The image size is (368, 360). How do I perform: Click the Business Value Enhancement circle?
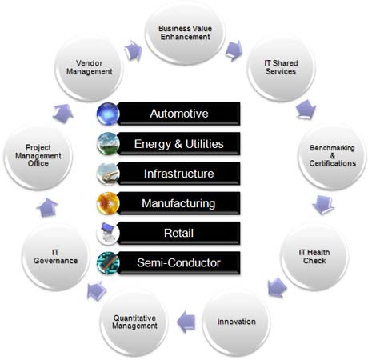[x=185, y=34]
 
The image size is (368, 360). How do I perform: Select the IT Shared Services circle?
[x=281, y=68]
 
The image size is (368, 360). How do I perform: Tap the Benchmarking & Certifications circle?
[x=332, y=156]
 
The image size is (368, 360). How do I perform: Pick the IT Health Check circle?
[x=314, y=257]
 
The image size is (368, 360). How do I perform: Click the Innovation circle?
[x=236, y=322]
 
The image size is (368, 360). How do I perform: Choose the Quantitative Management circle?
[x=134, y=322]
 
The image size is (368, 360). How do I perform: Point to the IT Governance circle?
[x=55, y=257]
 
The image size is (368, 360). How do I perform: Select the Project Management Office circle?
[x=38, y=156]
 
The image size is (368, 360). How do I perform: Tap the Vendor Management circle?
[x=90, y=68]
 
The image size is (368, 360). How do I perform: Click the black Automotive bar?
[x=178, y=114]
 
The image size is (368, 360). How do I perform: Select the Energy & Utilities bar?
[x=178, y=144]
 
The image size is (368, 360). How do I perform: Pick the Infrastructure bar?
[x=178, y=174]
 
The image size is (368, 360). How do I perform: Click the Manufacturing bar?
[x=178, y=203]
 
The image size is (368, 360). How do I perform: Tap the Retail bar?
[x=178, y=234]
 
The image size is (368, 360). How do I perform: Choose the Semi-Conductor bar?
[x=178, y=263]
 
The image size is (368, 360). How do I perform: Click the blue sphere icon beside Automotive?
[x=108, y=114]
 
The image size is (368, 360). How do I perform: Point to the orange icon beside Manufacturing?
[x=108, y=203]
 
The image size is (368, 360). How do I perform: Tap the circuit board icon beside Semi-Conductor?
[x=108, y=263]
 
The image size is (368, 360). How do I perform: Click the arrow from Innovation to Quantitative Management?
[x=186, y=322]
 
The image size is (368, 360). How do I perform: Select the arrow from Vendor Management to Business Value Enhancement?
[x=133, y=50]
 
